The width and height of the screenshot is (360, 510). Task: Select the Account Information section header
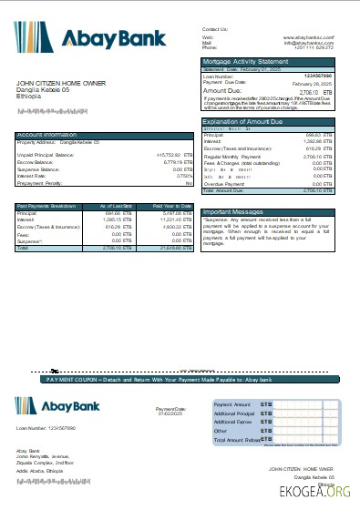click(x=46, y=135)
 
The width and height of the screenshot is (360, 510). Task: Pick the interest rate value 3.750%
click(x=182, y=176)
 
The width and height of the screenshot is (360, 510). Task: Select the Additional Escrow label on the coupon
click(x=233, y=422)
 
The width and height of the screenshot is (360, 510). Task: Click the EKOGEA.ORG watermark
click(x=320, y=492)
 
